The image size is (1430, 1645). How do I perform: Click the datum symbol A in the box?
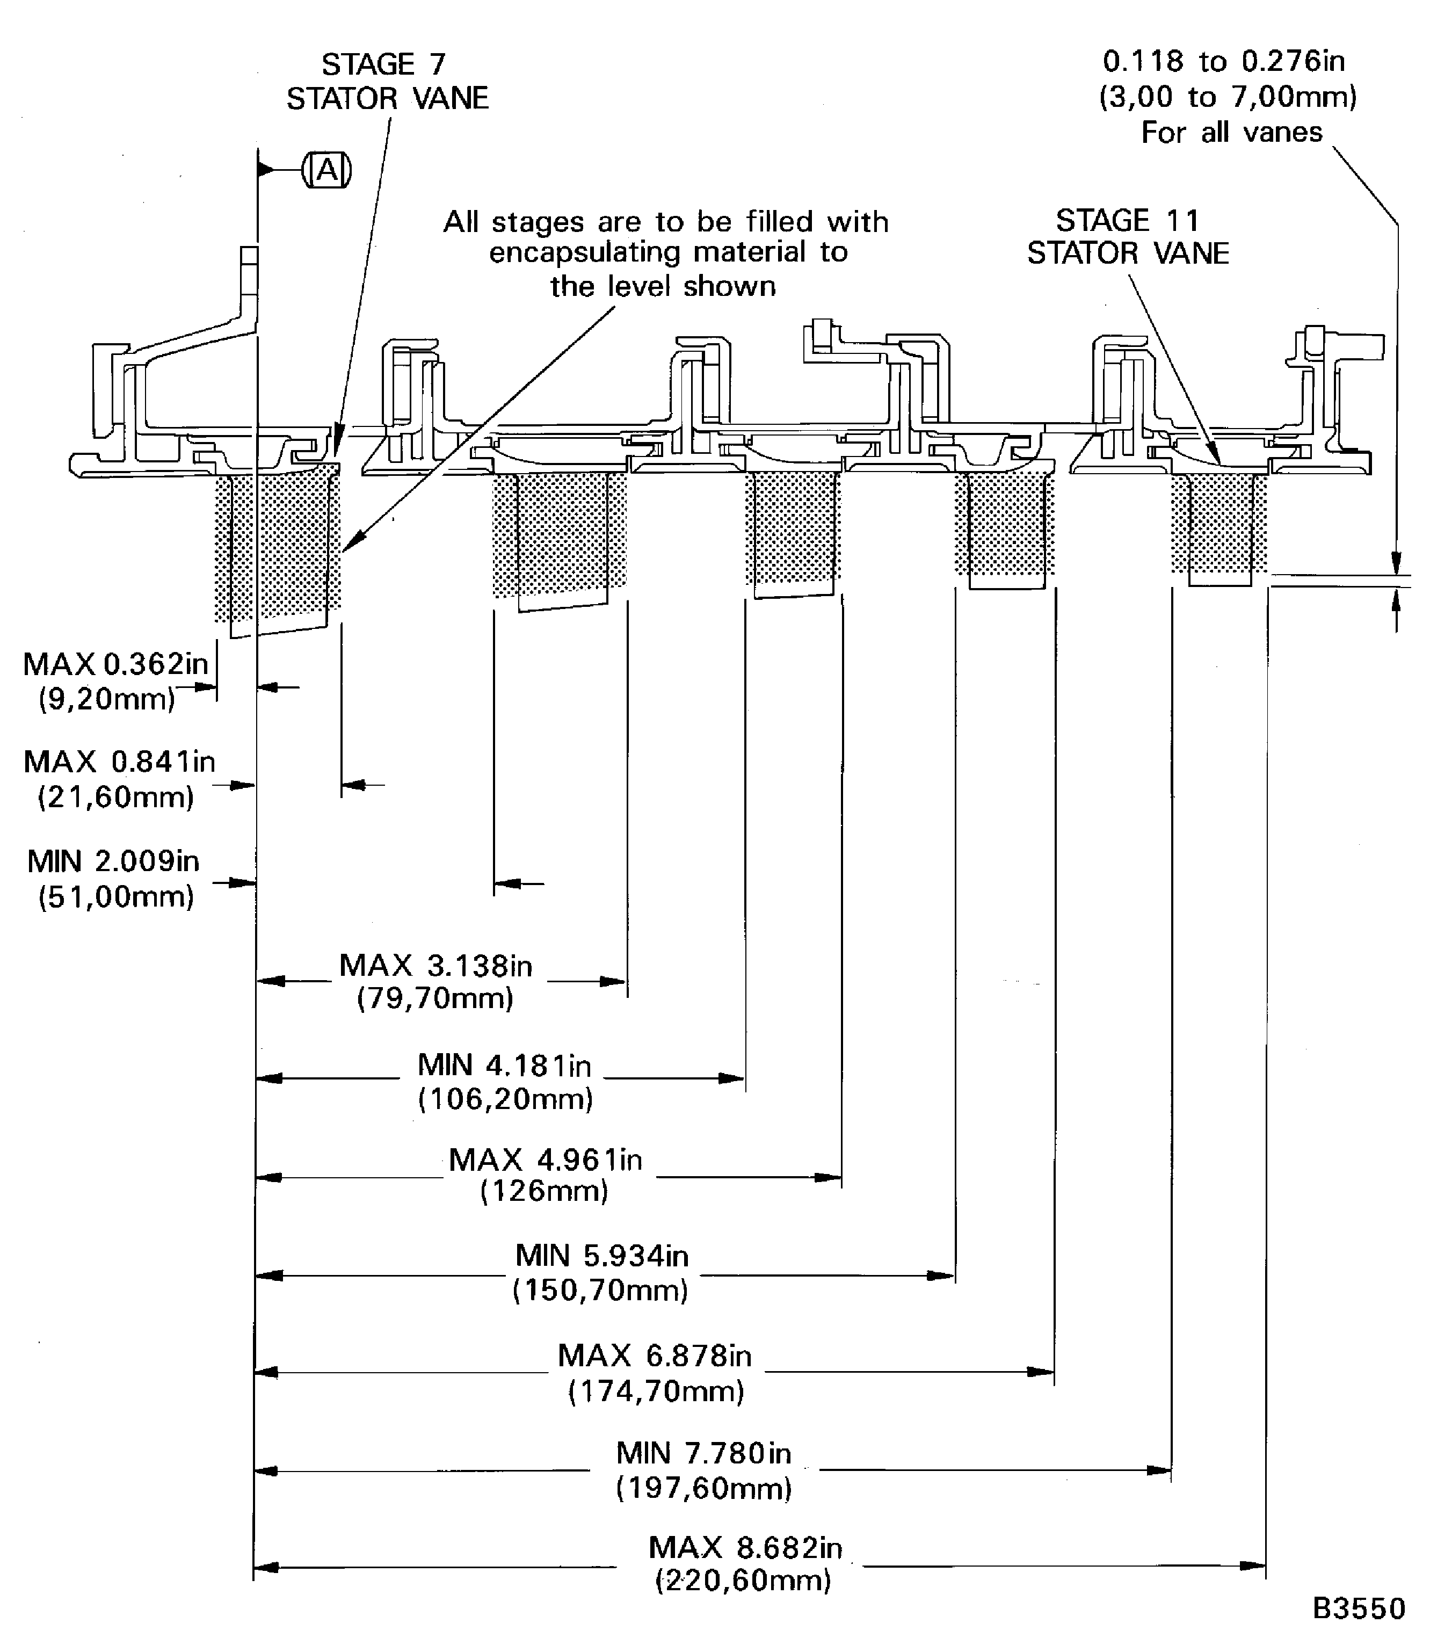(327, 170)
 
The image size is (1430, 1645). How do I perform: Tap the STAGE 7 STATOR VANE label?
(387, 82)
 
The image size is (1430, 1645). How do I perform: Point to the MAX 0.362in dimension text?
(115, 663)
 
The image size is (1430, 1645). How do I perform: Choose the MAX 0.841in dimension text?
(120, 762)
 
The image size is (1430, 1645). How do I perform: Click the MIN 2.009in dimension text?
(113, 861)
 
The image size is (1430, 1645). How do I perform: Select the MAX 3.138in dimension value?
(435, 966)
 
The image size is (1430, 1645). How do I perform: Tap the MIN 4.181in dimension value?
(504, 1066)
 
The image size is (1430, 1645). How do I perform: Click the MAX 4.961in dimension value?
(545, 1160)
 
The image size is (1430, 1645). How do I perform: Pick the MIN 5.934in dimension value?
(601, 1256)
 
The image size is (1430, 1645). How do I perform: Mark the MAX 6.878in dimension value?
(655, 1356)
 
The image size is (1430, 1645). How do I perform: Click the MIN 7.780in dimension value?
(703, 1453)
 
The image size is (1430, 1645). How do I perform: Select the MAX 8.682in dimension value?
(745, 1548)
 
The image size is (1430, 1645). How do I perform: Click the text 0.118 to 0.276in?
(1223, 61)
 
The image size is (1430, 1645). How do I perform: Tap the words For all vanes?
(1231, 132)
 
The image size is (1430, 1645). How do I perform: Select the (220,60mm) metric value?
(743, 1581)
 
